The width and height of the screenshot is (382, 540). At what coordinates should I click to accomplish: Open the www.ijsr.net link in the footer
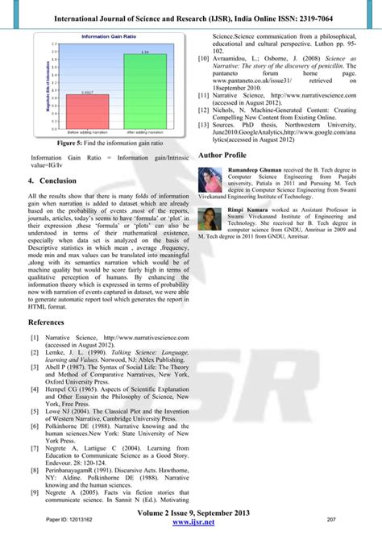pyautogui.click(x=191, y=522)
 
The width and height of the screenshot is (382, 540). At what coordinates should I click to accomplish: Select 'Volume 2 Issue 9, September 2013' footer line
pyautogui.click(x=191, y=513)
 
